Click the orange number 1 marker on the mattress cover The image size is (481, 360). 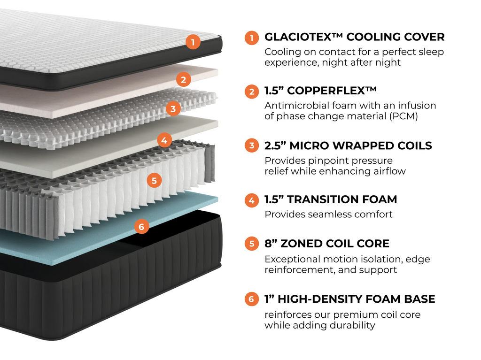(x=193, y=42)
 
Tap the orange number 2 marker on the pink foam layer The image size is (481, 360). (x=183, y=79)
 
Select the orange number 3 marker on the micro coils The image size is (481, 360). (x=173, y=109)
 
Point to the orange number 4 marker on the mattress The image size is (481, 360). (x=164, y=139)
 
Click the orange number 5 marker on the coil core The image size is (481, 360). (x=154, y=180)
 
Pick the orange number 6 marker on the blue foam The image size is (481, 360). (x=141, y=227)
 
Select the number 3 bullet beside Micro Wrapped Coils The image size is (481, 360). (x=252, y=146)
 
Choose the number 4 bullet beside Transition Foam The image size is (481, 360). (x=252, y=200)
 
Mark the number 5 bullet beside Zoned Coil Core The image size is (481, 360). (x=252, y=244)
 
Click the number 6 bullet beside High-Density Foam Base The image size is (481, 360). (x=252, y=299)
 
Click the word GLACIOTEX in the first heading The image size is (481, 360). (x=298, y=37)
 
